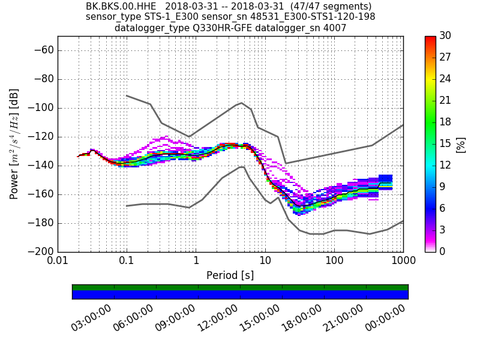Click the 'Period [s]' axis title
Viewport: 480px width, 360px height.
(230, 275)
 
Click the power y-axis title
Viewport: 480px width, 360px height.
(14, 144)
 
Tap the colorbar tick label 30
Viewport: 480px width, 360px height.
(445, 36)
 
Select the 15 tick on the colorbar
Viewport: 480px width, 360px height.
(445, 144)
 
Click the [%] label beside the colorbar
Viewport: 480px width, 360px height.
(461, 144)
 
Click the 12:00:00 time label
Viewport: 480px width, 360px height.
(217, 318)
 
